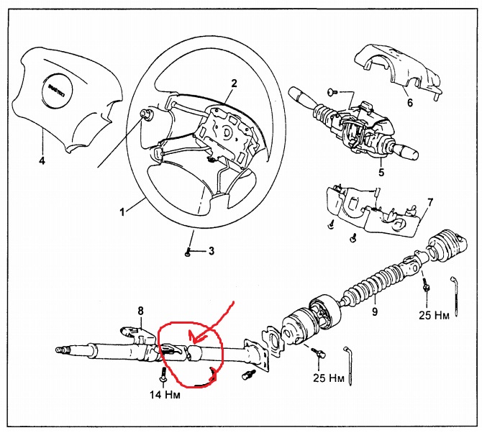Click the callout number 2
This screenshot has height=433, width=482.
tap(234, 83)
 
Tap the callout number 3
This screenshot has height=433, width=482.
tap(212, 251)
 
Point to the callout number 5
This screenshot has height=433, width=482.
tap(381, 173)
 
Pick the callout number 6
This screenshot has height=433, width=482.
tap(409, 103)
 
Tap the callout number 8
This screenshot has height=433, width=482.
tap(141, 311)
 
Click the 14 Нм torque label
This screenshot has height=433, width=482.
tap(165, 394)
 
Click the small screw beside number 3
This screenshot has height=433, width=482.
tap(188, 251)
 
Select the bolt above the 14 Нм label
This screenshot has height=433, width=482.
tap(163, 375)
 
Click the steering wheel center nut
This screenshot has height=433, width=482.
tap(149, 115)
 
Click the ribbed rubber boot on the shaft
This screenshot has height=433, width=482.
tap(374, 283)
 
